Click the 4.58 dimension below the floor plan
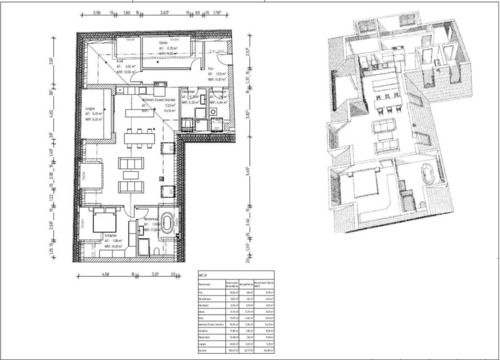[x=106, y=272]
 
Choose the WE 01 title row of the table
[x=204, y=273]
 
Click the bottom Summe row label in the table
[x=206, y=352]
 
